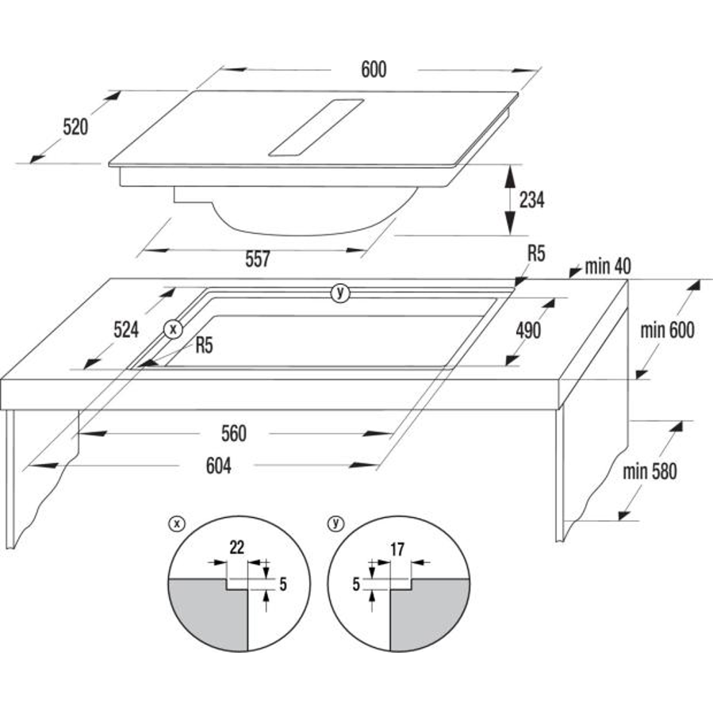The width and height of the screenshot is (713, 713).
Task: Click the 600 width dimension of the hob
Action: pos(374,70)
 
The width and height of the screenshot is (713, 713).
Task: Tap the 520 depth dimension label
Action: pos(75,127)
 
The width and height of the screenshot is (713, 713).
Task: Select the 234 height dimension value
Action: pos(531,200)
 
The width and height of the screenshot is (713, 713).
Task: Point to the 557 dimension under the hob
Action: pos(258,259)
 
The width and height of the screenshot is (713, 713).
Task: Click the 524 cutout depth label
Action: pos(126,330)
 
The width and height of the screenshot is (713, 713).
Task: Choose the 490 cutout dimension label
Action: pos(528,331)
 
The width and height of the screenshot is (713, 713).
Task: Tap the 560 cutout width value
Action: pos(234,434)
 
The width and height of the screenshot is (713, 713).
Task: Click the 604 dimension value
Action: pos(219,466)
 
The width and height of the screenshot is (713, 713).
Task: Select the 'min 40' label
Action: pos(608,266)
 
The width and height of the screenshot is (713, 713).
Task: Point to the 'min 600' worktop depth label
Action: pos(668,331)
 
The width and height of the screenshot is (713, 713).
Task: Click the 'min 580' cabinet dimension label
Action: pos(650,472)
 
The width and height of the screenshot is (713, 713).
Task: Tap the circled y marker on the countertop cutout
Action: pos(340,293)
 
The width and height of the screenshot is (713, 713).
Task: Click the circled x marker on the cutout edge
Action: pos(173,329)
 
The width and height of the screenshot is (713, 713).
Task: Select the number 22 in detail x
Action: pos(237,547)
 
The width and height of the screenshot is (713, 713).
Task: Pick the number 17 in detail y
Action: pos(397,550)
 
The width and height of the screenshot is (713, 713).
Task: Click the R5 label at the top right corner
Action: pos(536,254)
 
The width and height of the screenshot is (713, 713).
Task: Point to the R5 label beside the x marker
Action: pos(204,346)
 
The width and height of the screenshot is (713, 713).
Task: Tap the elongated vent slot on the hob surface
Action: pos(316,128)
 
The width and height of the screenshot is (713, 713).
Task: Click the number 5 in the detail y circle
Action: pos(356,585)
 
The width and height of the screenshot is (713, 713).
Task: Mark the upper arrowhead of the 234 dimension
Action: pos(510,174)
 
